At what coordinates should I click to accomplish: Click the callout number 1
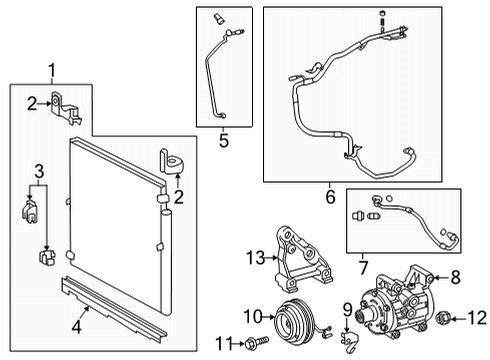53,71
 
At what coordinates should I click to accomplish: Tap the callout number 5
224,141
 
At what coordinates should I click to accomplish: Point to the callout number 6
330,197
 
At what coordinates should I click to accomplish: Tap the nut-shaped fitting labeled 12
443,319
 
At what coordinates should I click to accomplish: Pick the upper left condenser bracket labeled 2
67,107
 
